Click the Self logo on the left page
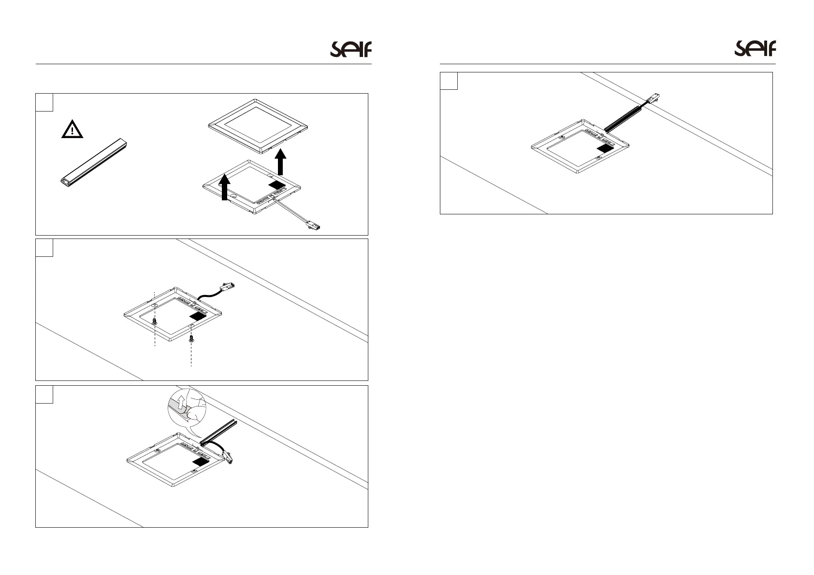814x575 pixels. point(351,49)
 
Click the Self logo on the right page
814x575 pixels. point(755,49)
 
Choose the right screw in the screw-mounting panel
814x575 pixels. point(191,337)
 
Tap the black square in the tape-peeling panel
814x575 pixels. point(203,462)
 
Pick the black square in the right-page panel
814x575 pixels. point(605,148)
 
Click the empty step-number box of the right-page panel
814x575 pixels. point(449,81)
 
